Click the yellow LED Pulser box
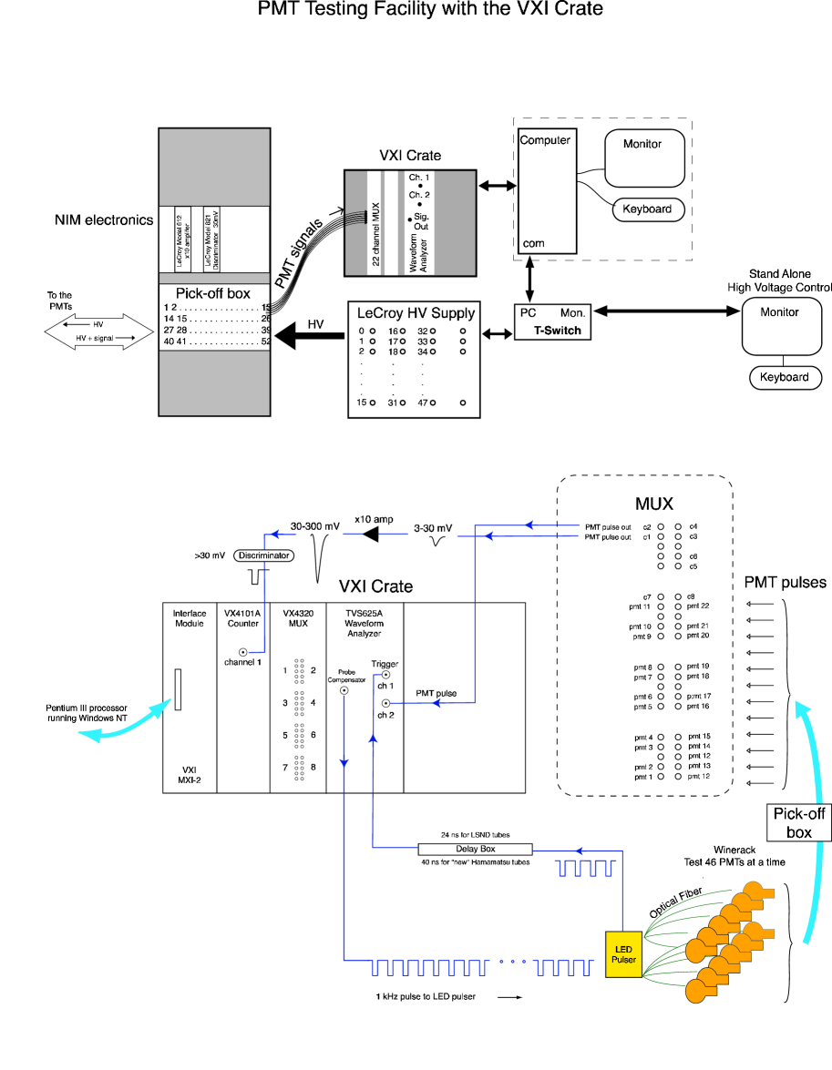pyautogui.click(x=623, y=953)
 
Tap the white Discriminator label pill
pyautogui.click(x=263, y=555)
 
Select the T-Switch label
pyautogui.click(x=557, y=331)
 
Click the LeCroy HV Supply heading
pyautogui.click(x=415, y=313)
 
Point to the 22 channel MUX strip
pyautogui.click(x=375, y=223)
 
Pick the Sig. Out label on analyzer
pyautogui.click(x=421, y=221)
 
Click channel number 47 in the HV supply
pyautogui.click(x=422, y=403)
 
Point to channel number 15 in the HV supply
pyautogui.click(x=362, y=403)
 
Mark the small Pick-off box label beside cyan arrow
pyautogui.click(x=798, y=821)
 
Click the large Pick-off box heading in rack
pyautogui.click(x=212, y=294)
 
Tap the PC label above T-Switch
pyautogui.click(x=528, y=312)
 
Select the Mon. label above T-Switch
pyautogui.click(x=572, y=312)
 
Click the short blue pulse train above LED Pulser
pyautogui.click(x=586, y=867)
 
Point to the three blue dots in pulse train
pyautogui.click(x=513, y=961)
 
